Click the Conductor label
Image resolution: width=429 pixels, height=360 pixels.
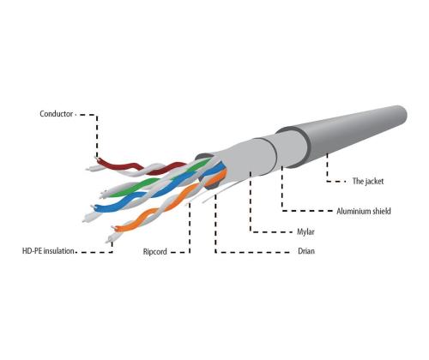coord(56,114)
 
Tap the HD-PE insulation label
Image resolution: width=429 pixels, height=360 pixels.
coord(48,251)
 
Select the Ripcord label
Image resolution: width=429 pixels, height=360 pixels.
coord(154,252)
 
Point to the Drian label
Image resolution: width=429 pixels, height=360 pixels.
coord(306,251)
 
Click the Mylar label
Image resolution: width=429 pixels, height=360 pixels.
coord(305,231)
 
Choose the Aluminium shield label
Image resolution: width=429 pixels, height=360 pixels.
coord(364,211)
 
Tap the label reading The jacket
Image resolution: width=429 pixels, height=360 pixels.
coord(368,181)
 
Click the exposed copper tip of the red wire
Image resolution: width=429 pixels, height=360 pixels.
coord(96,159)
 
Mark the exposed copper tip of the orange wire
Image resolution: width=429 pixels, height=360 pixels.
coord(114,227)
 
